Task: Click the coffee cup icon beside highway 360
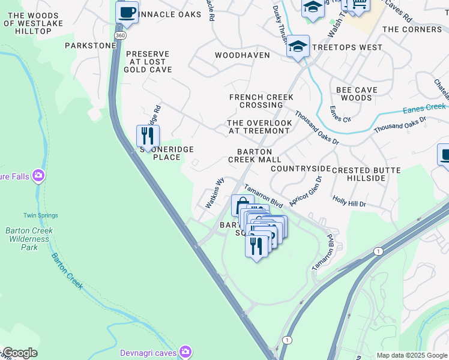tap(127, 12)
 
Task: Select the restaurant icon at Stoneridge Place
tap(148, 136)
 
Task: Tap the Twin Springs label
tap(40, 215)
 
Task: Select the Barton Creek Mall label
tap(255, 156)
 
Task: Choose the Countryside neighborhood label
tap(300, 169)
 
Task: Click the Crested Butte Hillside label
tap(366, 175)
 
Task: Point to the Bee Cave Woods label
tap(357, 94)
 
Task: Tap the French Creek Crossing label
tap(261, 101)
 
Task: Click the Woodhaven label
tap(242, 55)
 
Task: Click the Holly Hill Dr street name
tap(349, 203)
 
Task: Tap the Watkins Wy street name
tap(215, 193)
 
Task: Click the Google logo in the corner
tap(19, 353)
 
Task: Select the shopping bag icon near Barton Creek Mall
tap(241, 204)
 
